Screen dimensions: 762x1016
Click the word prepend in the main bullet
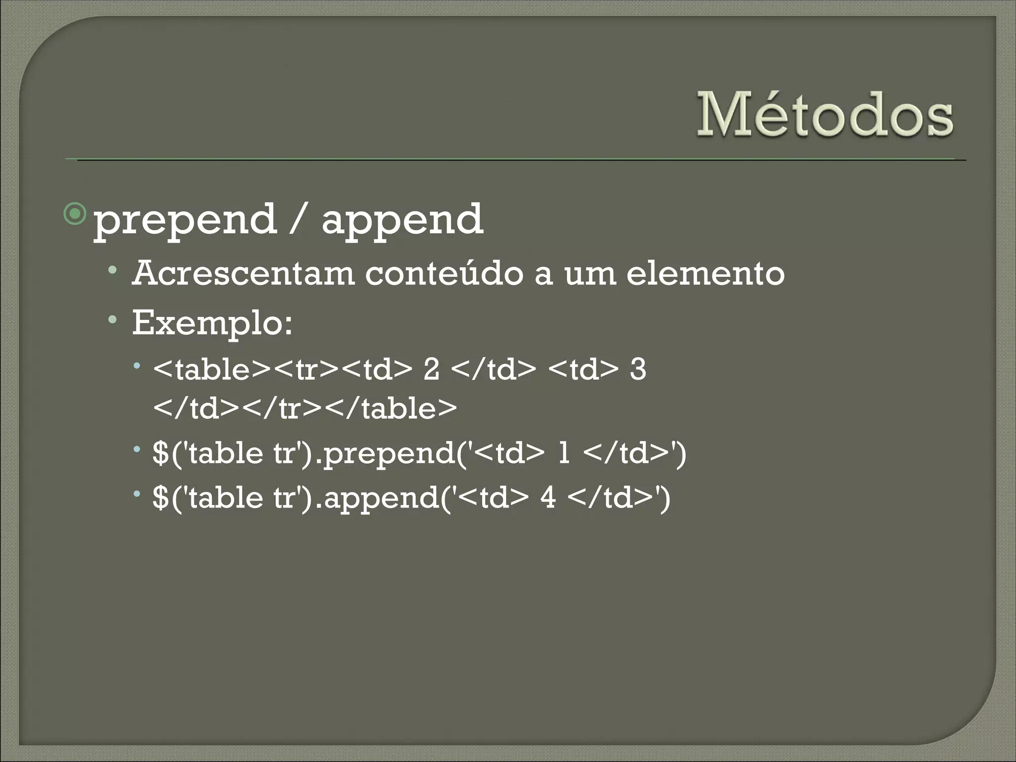(185, 220)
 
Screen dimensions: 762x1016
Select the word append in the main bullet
(402, 220)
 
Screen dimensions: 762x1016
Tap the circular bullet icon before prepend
(75, 214)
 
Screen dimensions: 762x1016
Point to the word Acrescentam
(243, 273)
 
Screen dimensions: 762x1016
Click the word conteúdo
(444, 273)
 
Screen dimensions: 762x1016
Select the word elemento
(705, 273)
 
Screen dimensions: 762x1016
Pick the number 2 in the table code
(431, 370)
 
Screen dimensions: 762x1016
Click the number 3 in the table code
(638, 370)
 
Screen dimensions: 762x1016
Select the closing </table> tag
(392, 409)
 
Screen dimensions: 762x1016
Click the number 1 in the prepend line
(564, 453)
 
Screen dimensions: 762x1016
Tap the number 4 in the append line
(548, 497)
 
